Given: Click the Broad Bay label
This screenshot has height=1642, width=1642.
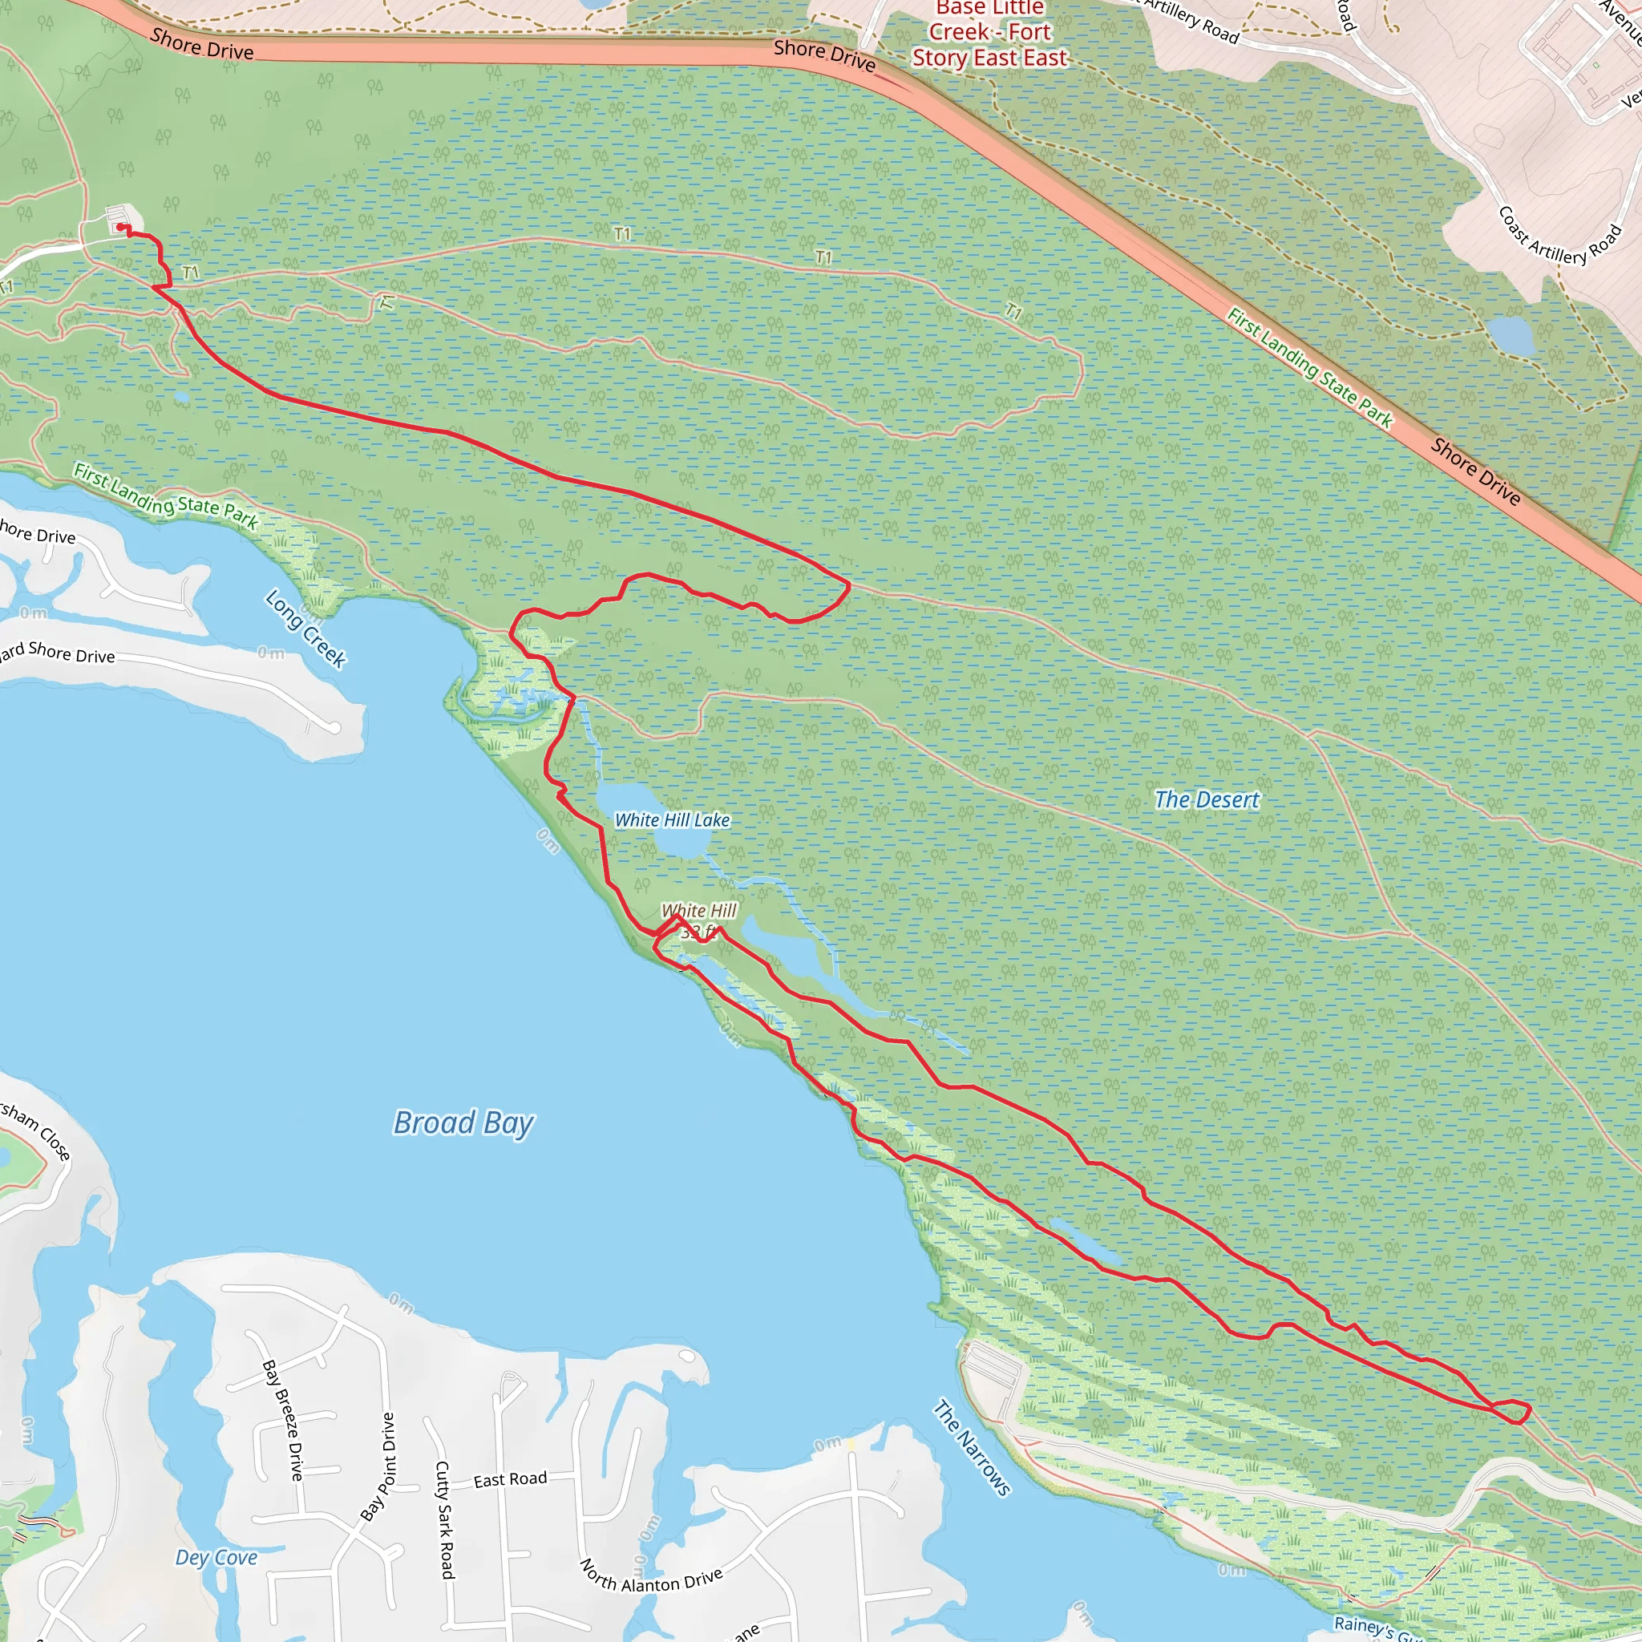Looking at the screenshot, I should pos(463,1122).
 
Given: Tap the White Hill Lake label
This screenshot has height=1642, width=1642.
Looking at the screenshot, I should pos(671,820).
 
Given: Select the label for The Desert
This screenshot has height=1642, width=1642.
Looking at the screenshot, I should pos(1206,799).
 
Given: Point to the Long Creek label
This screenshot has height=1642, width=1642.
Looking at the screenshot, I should pos(305,629).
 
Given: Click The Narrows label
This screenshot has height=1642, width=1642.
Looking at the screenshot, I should pos(973,1446).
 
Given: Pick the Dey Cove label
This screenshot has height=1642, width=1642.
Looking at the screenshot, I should pos(216,1558).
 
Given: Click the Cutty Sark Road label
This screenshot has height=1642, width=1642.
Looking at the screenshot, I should pos(445,1519).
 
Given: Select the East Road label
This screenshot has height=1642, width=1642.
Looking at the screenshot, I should pos(510,1480).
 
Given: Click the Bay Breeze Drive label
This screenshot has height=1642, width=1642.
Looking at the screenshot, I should pos(283,1419).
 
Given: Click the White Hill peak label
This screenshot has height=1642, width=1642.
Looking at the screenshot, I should pos(698,910).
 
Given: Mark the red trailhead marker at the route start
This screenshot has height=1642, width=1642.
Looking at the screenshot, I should pos(119,227).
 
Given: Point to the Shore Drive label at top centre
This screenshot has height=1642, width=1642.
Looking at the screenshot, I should pos(823,55).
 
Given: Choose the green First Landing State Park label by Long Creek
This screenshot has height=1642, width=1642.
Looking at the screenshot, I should pos(166,495).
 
